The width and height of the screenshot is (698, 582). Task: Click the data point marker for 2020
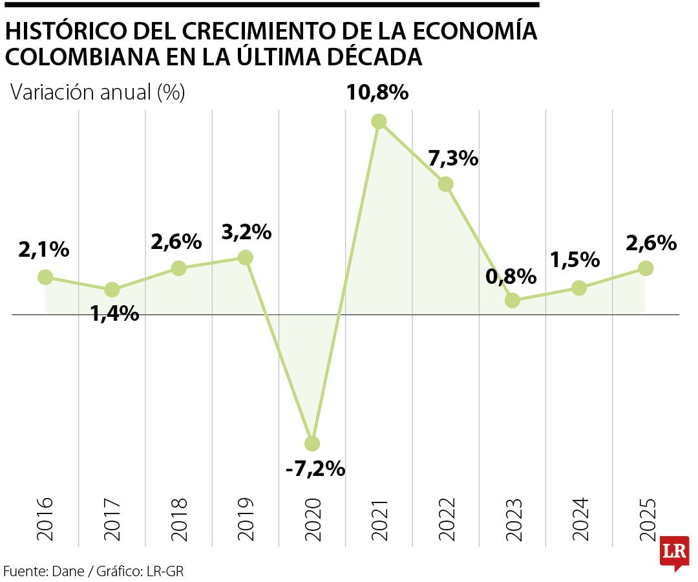click(x=312, y=443)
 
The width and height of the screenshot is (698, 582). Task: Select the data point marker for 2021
click(x=379, y=122)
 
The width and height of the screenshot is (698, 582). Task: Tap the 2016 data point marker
click(x=45, y=277)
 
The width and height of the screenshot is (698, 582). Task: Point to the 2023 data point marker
click(x=513, y=300)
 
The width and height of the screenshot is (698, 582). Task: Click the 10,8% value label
click(x=377, y=92)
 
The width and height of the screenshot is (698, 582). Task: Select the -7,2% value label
click(x=315, y=469)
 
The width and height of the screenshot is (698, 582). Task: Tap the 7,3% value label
click(x=453, y=158)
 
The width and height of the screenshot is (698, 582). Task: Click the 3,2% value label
click(x=246, y=232)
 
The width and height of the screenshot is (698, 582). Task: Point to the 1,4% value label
click(x=114, y=314)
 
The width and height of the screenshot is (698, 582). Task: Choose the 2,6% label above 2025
click(x=651, y=243)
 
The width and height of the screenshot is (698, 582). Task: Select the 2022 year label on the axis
click(x=446, y=519)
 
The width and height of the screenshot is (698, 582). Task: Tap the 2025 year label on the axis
click(x=646, y=519)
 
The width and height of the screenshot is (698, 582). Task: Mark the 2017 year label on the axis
click(x=112, y=519)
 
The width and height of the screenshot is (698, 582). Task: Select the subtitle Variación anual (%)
click(x=98, y=92)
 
